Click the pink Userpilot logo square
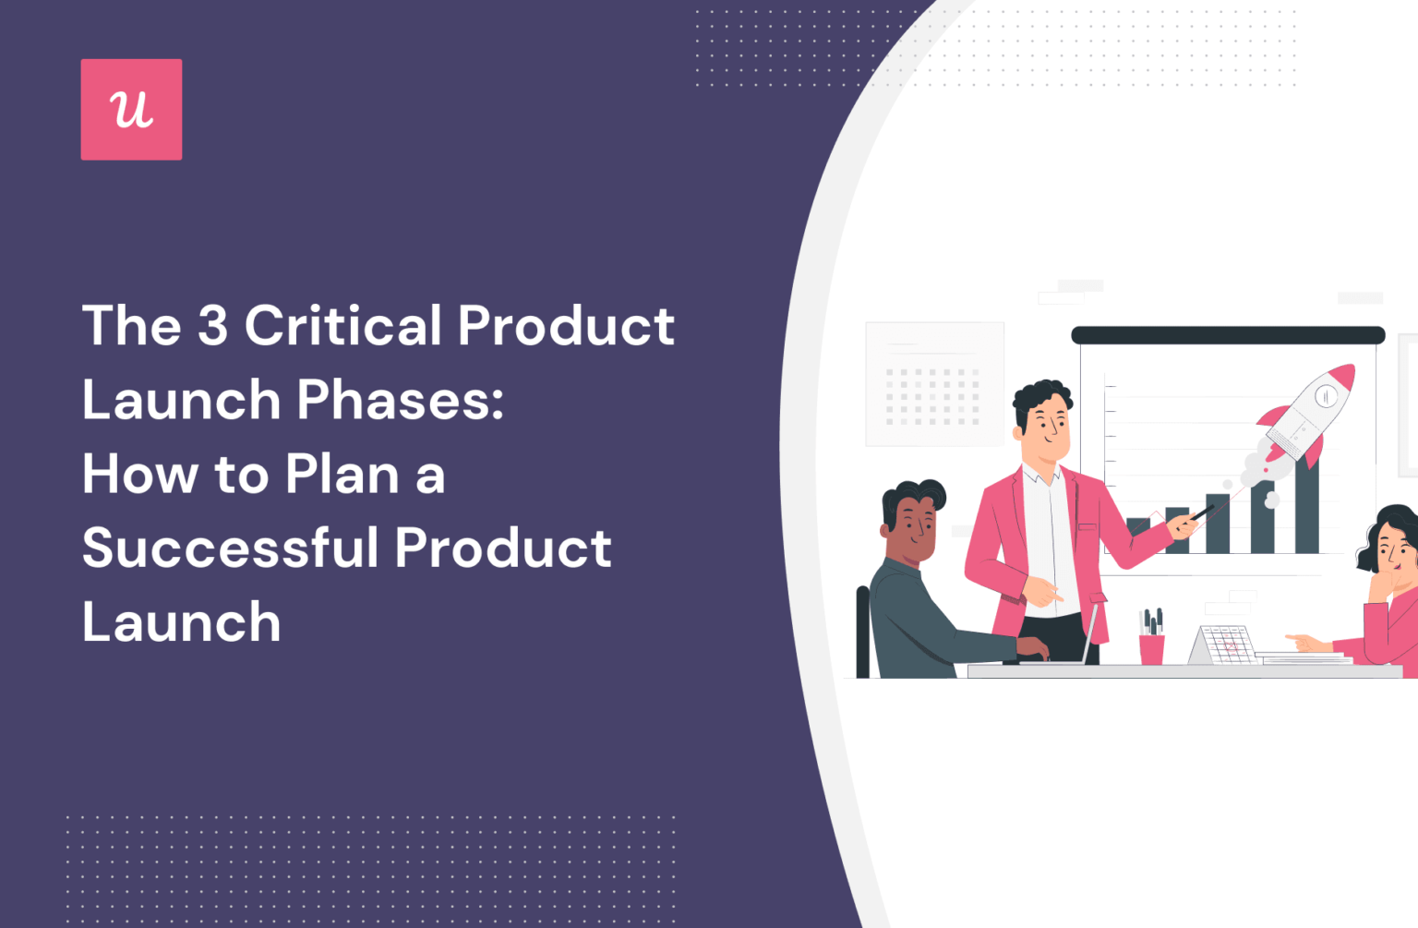[131, 110]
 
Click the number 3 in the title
[212, 326]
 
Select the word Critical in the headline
[343, 326]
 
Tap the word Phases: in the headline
[401, 400]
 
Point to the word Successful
[231, 548]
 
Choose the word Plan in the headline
[342, 474]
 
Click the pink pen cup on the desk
[1151, 648]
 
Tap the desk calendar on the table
[1223, 645]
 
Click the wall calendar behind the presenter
[934, 384]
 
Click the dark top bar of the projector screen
[1228, 335]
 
